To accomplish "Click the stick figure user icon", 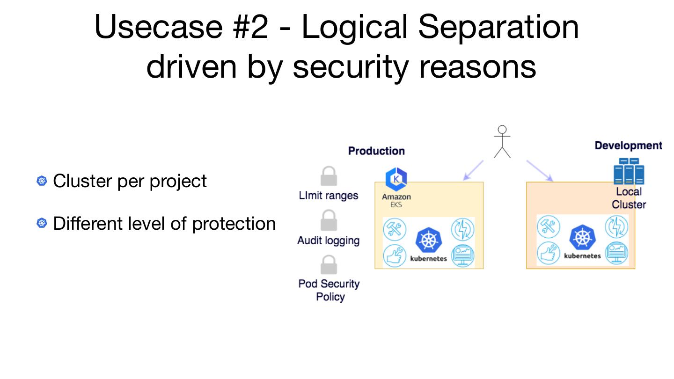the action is [x=502, y=142].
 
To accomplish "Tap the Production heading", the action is [x=376, y=151].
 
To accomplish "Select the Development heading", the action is [x=628, y=146].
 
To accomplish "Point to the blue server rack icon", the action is [x=629, y=172].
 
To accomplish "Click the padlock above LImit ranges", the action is [x=329, y=177].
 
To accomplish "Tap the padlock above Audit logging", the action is [x=329, y=221].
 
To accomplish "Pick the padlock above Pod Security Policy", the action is [x=329, y=265].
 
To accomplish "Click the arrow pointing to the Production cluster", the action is [x=473, y=170].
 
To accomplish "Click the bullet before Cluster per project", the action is [x=42, y=181].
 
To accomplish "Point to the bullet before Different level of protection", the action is [x=42, y=224].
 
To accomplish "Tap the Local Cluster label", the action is [x=629, y=198].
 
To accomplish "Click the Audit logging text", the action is [x=329, y=241].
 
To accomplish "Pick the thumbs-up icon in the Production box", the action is [x=395, y=256].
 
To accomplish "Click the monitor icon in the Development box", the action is [x=616, y=253].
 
